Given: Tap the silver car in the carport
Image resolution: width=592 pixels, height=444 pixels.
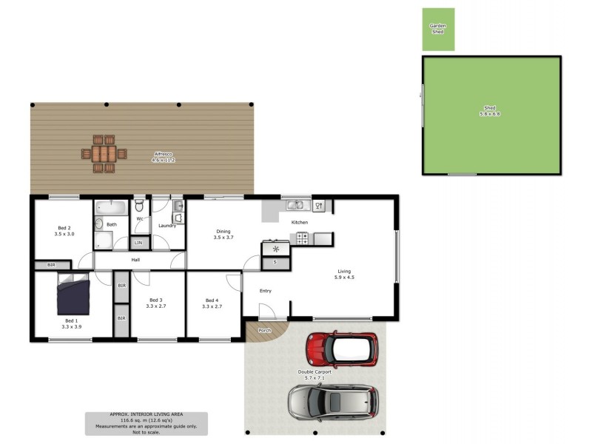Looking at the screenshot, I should [332, 402].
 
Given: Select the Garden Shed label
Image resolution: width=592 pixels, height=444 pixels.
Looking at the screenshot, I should [438, 29].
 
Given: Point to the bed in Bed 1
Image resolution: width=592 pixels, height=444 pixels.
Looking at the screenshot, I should [73, 294].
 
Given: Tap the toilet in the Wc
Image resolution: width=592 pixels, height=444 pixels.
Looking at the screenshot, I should [138, 205].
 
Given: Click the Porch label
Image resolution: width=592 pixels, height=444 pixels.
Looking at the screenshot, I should [263, 330].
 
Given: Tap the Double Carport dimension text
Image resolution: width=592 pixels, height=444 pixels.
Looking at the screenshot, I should [315, 377].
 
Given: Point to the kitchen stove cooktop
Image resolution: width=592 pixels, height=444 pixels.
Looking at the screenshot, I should [302, 238].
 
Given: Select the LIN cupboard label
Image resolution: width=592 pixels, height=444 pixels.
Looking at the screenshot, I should [138, 243].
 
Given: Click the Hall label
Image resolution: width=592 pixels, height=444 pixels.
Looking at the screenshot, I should [135, 260].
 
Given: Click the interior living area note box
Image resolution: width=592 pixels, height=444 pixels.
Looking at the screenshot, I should [146, 423].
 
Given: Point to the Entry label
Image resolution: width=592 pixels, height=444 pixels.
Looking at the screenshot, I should [265, 291].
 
